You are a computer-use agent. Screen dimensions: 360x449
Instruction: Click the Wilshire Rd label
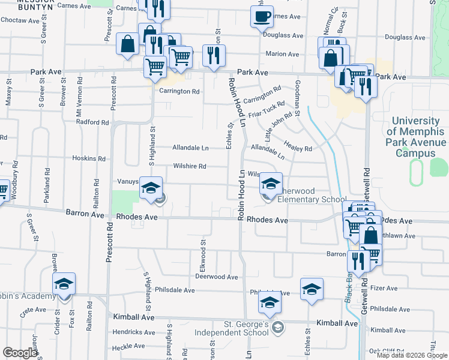(190, 166)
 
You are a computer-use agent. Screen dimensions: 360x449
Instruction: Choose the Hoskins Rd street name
(88, 159)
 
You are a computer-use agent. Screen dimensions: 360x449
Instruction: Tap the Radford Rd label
(92, 122)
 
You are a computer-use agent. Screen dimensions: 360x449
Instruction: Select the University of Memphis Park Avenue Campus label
(416, 137)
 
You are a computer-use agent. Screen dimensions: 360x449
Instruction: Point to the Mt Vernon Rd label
(78, 95)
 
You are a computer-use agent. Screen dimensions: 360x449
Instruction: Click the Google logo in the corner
(20, 353)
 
